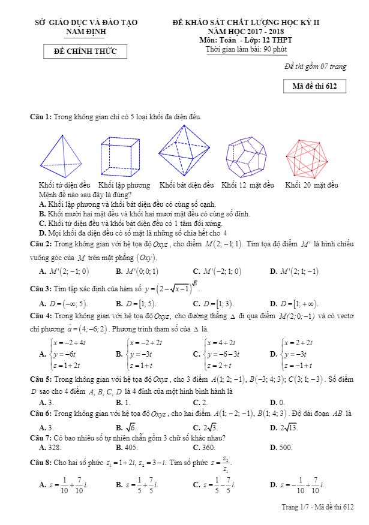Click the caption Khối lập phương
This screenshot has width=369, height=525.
tap(124, 185)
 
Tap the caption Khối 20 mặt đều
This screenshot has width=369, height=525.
tap(311, 185)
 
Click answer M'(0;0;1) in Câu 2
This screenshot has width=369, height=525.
tap(139, 271)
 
